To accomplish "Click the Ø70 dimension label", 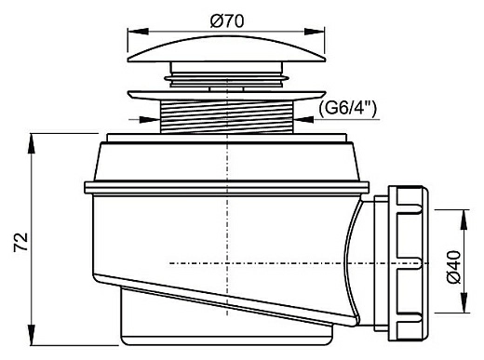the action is (x=227, y=20).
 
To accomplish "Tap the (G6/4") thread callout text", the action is (x=347, y=108).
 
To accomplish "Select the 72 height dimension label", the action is (x=21, y=242).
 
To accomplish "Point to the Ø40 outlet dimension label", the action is (x=453, y=267).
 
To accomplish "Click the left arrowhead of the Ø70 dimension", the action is (x=138, y=32).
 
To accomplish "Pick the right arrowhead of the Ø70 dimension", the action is (x=314, y=32).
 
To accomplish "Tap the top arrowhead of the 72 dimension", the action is (x=31, y=143).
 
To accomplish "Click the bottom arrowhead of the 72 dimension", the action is (x=31, y=335).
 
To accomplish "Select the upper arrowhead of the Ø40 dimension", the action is (x=464, y=220).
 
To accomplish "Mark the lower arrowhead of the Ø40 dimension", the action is (x=464, y=302).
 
